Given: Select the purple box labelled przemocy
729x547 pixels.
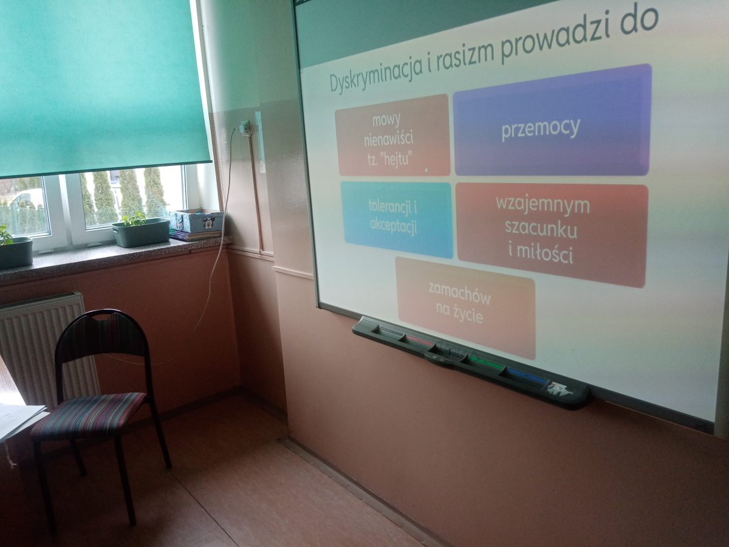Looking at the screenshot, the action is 552,121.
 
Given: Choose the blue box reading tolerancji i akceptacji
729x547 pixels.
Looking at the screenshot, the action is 397,219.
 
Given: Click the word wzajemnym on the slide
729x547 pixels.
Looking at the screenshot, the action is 542,205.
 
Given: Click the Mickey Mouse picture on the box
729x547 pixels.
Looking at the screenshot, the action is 208,222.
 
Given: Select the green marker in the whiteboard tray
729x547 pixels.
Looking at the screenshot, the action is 486,362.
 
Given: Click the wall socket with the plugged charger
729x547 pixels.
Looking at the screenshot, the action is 244,128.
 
